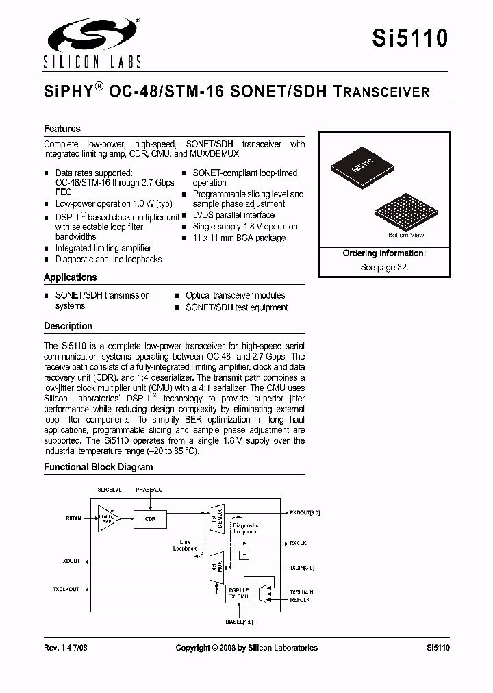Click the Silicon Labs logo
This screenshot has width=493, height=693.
tap(92, 42)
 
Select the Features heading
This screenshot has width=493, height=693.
tap(62, 129)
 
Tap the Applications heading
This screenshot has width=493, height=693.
tap(70, 277)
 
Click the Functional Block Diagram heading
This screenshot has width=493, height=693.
tap(99, 467)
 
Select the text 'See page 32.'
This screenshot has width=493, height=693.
tap(384, 267)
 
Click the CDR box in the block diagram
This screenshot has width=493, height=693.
tap(151, 519)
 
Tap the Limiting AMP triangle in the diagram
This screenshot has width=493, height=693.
tap(108, 519)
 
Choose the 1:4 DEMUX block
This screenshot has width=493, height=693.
tap(216, 518)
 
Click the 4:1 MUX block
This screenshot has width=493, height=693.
tap(216, 568)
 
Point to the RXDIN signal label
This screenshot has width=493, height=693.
tap(73, 519)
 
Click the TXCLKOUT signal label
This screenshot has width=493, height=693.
tap(66, 589)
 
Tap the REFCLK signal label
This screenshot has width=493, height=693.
tap(299, 600)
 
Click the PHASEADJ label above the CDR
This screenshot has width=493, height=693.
tap(150, 490)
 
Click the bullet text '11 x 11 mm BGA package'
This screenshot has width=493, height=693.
tap(239, 238)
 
